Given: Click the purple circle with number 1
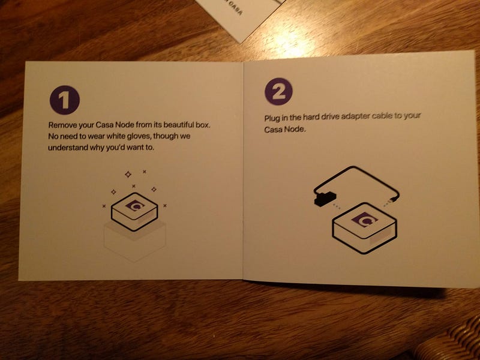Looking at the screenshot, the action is (x=65, y=100).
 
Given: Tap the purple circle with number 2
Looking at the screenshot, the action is (x=278, y=92).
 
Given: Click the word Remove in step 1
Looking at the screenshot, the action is (x=59, y=125).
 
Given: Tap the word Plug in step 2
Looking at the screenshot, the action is (x=271, y=118).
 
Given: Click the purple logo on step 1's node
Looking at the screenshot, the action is (x=135, y=205).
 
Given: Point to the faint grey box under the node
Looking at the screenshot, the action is (x=134, y=242).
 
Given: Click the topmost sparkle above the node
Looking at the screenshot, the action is (x=128, y=175).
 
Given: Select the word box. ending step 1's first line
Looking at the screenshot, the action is (x=203, y=125).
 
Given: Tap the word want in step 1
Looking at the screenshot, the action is (x=136, y=147).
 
